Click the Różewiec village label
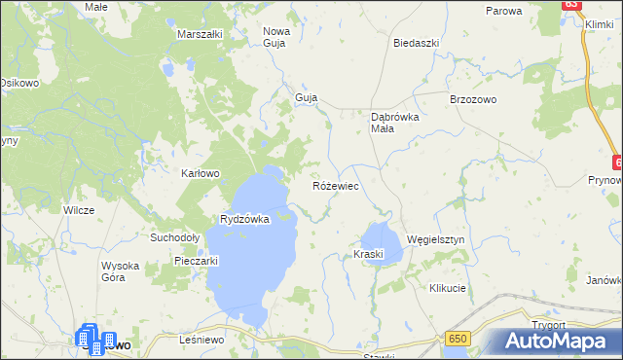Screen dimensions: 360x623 click(x=338, y=185)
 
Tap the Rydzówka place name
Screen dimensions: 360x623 click(x=244, y=220)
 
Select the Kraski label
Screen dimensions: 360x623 click(x=369, y=255)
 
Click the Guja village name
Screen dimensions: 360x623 click(x=307, y=98)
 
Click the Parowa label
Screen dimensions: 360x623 click(x=504, y=11)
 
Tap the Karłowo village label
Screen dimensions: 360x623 click(x=202, y=173)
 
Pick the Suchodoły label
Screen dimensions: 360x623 click(x=174, y=236)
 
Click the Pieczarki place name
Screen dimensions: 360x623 click(x=195, y=261)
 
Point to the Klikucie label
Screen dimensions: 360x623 click(x=448, y=289)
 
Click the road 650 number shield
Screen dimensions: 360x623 click(x=459, y=338)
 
